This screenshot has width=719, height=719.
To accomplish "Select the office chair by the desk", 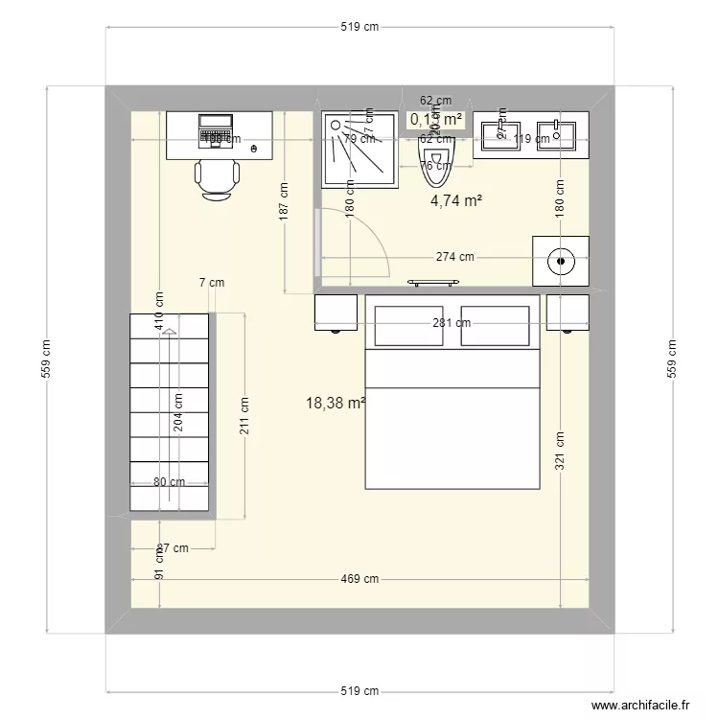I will [x=218, y=180].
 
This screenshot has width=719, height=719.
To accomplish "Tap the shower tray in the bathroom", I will [x=359, y=148].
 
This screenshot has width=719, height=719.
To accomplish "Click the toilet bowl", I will [x=436, y=163].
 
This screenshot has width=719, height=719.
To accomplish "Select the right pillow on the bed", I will [x=496, y=325].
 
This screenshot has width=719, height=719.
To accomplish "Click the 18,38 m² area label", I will [x=336, y=404].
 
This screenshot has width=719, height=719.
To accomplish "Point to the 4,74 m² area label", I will [x=455, y=200].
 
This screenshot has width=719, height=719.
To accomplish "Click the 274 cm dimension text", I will [x=454, y=257].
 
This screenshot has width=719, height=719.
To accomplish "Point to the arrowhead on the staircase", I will [x=169, y=332].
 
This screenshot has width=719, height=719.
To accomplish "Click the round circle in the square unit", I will [x=561, y=260].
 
